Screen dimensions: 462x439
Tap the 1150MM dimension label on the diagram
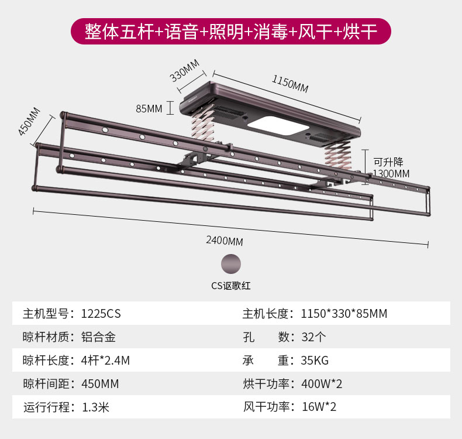(x=289, y=84)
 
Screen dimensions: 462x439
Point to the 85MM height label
(x=149, y=108)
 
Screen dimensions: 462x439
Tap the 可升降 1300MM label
(x=391, y=167)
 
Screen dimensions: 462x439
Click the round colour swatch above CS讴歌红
(x=231, y=263)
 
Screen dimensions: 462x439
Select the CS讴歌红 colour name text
(x=231, y=286)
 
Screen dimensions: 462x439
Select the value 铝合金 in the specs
(x=99, y=337)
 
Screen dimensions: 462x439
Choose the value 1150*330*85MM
(x=344, y=313)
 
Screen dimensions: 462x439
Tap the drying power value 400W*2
(x=322, y=384)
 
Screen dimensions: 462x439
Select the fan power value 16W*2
(x=319, y=407)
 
